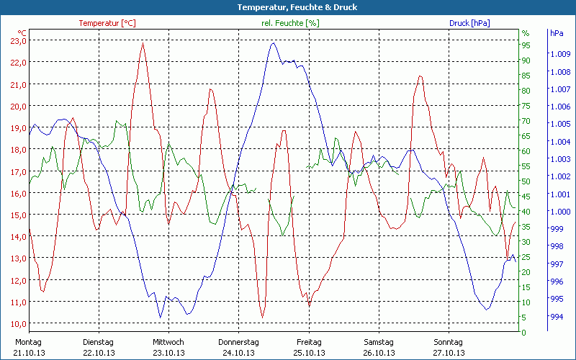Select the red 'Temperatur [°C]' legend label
[x=107, y=23]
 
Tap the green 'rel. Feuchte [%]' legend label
[x=289, y=23]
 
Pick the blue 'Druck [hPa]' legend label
[x=469, y=23]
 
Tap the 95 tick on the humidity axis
[x=526, y=45]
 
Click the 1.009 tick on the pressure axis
[x=560, y=54]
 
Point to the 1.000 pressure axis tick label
[x=560, y=212]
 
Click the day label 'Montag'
[x=29, y=342]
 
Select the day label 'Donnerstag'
[x=238, y=342]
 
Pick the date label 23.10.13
[x=168, y=353]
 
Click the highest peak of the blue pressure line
[x=273, y=42]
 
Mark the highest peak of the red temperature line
[x=143, y=43]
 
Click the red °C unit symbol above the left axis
[x=22, y=33]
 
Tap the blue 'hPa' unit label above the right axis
[x=557, y=33]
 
